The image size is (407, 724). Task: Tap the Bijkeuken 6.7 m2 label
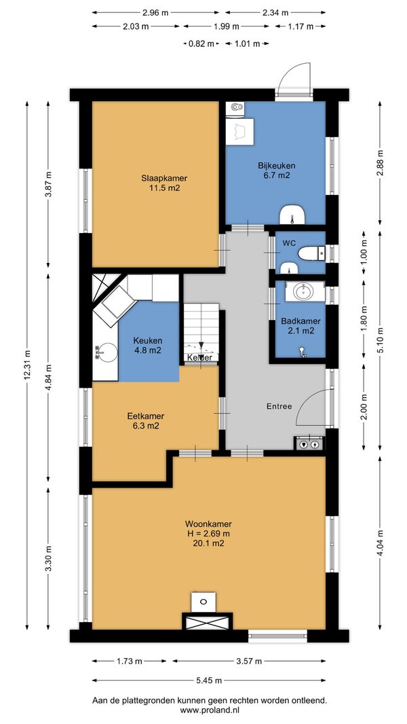pyautogui.click(x=277, y=170)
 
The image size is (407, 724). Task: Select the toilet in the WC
pyautogui.click(x=311, y=253)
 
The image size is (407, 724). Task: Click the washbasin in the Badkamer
pyautogui.click(x=304, y=292)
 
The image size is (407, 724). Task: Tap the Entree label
pyautogui.click(x=279, y=406)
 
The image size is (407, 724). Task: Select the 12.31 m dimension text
pyautogui.click(x=27, y=364)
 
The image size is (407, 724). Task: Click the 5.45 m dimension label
pyautogui.click(x=208, y=680)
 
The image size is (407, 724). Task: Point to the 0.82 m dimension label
pyautogui.click(x=201, y=44)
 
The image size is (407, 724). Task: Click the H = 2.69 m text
pyautogui.click(x=208, y=534)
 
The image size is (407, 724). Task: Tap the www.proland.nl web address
pyautogui.click(x=209, y=710)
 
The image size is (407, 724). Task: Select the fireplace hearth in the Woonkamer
pyautogui.click(x=208, y=621)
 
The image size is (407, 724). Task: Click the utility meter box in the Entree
pyautogui.click(x=309, y=444)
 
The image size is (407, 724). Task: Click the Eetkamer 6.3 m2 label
pyautogui.click(x=146, y=421)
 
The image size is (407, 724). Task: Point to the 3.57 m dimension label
pyautogui.click(x=249, y=662)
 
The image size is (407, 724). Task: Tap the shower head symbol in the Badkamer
pyautogui.click(x=303, y=352)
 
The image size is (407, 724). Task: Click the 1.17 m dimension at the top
pyautogui.click(x=301, y=26)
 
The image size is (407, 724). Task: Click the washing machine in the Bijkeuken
pyautogui.click(x=239, y=132)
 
